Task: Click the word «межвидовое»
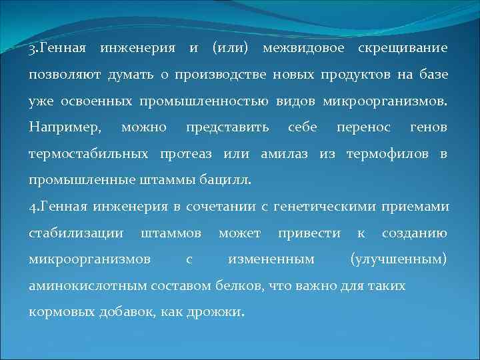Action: point(305,49)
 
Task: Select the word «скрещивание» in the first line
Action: point(403,49)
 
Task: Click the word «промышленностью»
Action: point(204,101)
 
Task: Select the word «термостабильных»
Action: point(89,153)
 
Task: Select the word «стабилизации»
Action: point(76,233)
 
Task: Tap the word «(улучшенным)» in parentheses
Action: point(399,259)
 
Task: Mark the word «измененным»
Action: point(271,259)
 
